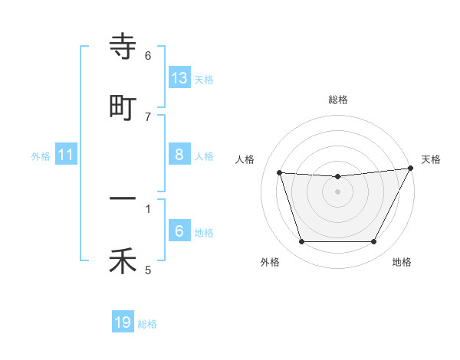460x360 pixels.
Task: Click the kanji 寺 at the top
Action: pyautogui.click(x=123, y=47)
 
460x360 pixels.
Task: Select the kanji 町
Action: pyautogui.click(x=123, y=107)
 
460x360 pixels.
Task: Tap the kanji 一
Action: pyautogui.click(x=123, y=199)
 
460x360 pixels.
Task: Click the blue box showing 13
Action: pyautogui.click(x=179, y=78)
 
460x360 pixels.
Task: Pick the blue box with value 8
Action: pyautogui.click(x=179, y=155)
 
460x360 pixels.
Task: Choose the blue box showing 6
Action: pyautogui.click(x=179, y=231)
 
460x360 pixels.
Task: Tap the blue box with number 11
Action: pyautogui.click(x=66, y=155)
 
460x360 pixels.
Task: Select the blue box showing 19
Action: pyautogui.click(x=123, y=323)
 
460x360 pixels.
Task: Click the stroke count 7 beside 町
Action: pyautogui.click(x=148, y=116)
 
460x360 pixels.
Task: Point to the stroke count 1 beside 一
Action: pyautogui.click(x=148, y=208)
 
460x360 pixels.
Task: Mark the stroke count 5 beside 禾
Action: pyautogui.click(x=148, y=270)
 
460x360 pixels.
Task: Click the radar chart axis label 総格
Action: pyautogui.click(x=338, y=100)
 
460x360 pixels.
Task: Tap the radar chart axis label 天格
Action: pyautogui.click(x=431, y=159)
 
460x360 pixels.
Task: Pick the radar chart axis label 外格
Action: pyautogui.click(x=270, y=262)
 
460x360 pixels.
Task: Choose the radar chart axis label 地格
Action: pyautogui.click(x=402, y=262)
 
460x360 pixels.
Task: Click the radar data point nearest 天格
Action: pyautogui.click(x=412, y=169)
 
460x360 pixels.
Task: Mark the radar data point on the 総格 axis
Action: pyautogui.click(x=338, y=177)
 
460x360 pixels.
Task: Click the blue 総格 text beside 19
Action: pyautogui.click(x=147, y=324)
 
